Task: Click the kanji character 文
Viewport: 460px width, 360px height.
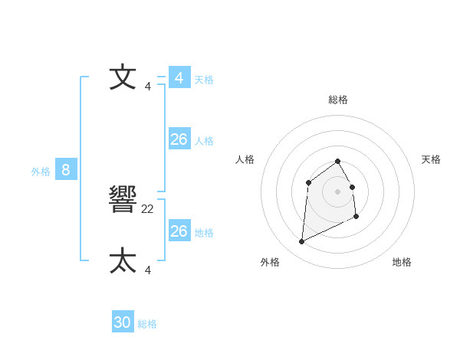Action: point(123,78)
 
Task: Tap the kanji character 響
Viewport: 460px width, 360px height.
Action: point(123,200)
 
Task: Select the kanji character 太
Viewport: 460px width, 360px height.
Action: point(123,260)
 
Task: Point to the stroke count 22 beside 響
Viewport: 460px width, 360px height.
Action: point(148,208)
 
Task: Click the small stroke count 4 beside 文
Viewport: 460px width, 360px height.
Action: point(148,87)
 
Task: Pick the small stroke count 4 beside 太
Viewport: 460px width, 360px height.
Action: point(148,270)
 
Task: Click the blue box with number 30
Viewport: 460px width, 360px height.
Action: point(123,322)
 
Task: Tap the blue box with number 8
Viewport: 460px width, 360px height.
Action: point(66,170)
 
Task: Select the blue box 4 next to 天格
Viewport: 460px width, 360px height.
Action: point(179,78)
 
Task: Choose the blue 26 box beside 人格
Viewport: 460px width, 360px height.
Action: point(179,139)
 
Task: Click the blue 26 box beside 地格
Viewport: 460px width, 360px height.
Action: point(179,231)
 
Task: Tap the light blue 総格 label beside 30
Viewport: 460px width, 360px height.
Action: point(147,324)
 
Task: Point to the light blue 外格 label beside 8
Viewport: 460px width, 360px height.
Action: point(41,172)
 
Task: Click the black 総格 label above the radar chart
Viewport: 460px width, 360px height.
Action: point(338,100)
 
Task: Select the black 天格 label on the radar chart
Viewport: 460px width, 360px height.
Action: point(431,159)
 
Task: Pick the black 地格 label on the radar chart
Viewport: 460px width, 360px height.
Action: point(402,262)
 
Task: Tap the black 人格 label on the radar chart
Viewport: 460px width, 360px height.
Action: point(245,159)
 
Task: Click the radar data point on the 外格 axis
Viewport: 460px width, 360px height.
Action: point(301,242)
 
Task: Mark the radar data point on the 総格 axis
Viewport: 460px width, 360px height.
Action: point(338,161)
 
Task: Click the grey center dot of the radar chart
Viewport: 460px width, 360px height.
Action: point(338,191)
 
